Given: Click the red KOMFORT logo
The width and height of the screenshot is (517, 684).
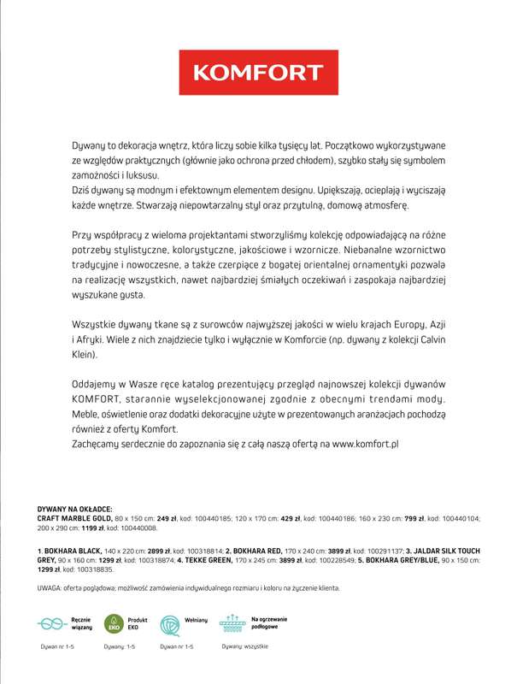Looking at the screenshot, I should point(258,73).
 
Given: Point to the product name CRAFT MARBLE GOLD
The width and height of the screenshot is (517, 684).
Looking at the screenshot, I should point(73,518).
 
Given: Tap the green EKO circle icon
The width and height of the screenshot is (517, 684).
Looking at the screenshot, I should point(113,622).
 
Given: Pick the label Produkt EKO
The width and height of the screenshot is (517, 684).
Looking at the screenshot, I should point(138,622).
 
